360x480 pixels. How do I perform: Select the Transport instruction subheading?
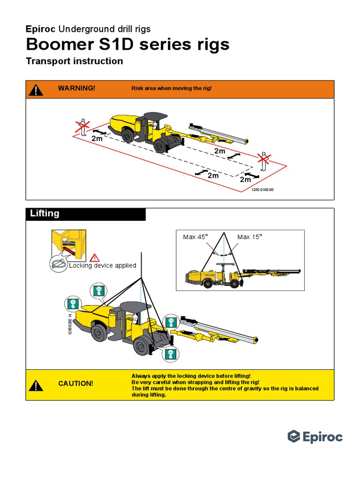[75, 61]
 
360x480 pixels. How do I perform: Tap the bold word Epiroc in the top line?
[41, 29]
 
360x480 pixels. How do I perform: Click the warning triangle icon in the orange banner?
[36, 89]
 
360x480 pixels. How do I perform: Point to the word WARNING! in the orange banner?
[76, 89]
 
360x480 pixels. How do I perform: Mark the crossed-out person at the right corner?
[264, 161]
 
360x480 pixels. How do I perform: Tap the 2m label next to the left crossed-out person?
[97, 139]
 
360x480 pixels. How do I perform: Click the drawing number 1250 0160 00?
[262, 190]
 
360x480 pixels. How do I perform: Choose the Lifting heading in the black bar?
[45, 214]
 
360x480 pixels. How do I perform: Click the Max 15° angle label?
[250, 237]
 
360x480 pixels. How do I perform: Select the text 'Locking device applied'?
[103, 265]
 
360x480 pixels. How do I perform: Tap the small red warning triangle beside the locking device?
[95, 257]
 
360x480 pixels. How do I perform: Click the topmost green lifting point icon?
[97, 291]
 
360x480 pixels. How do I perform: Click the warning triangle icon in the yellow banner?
[36, 385]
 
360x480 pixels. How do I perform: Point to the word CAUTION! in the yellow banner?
[75, 383]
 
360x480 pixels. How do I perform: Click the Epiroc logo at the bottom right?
[315, 437]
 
